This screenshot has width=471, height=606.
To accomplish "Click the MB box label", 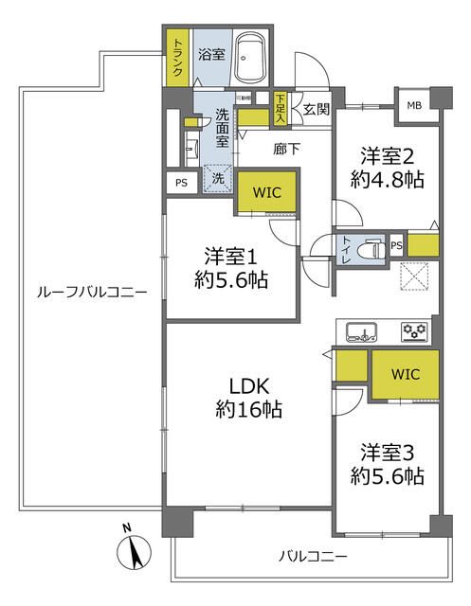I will pos(413,104).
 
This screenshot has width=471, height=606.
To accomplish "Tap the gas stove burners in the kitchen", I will pos(414,332).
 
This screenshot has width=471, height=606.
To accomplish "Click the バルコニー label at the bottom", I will pos(314,556).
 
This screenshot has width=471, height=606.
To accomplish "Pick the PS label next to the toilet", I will pos(397,245).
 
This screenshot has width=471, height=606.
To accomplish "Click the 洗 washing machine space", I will pos(217,178).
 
